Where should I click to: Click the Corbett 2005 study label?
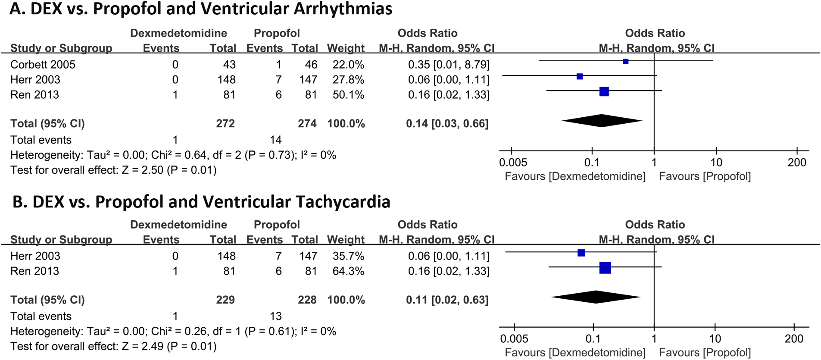tap(43, 65)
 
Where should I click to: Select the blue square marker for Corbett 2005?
tap(626, 62)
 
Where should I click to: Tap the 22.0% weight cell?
tap(348, 65)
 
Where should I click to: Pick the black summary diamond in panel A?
tap(602, 121)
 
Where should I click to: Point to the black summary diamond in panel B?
tap(596, 297)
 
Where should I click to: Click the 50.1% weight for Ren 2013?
tap(348, 95)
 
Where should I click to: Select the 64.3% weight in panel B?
tap(348, 271)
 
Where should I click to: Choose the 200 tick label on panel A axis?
tap(796, 163)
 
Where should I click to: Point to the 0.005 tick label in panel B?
tap(514, 339)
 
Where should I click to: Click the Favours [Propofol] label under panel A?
tap(705, 176)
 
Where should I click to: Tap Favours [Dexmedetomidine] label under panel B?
tap(575, 353)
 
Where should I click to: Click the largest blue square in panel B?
tap(605, 268)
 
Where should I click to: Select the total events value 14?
tap(275, 140)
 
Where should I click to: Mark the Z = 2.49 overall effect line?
tap(113, 347)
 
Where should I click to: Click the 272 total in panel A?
tap(225, 124)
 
